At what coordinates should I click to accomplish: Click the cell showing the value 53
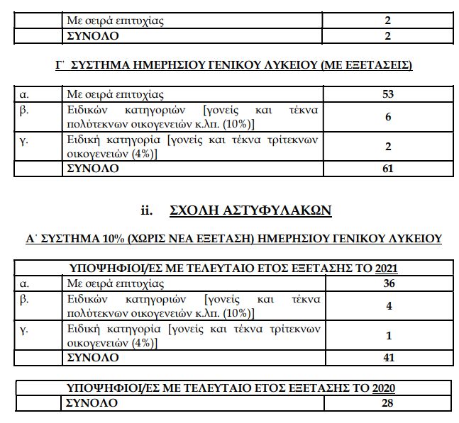point(387,94)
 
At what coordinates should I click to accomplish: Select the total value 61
point(387,169)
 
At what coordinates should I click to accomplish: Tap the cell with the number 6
point(388,117)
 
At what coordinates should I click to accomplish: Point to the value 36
point(388,283)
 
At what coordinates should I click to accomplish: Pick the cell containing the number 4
point(388,307)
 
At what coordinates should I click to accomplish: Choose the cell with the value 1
point(388,335)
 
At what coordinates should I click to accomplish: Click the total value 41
point(388,358)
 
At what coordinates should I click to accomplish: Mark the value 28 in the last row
point(387,403)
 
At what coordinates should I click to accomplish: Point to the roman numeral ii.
point(148,210)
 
